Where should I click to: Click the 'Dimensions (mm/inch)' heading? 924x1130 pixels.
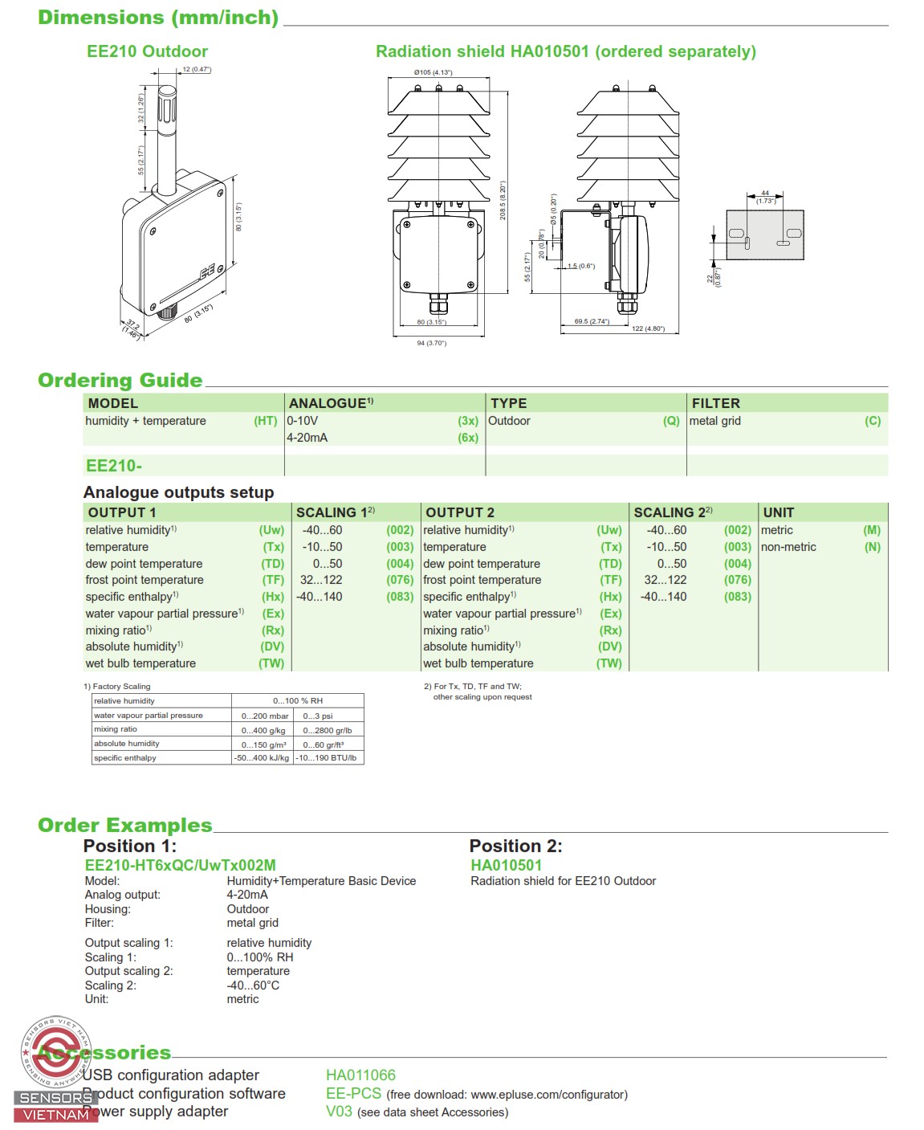click(x=158, y=18)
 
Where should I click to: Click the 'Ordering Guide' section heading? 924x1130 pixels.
click(x=120, y=381)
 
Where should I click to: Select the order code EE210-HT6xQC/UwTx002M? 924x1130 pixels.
click(x=181, y=865)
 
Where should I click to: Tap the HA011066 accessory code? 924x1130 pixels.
click(x=360, y=1075)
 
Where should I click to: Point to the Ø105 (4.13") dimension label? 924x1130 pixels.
click(x=433, y=72)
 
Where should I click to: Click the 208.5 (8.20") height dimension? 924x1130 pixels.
click(x=503, y=200)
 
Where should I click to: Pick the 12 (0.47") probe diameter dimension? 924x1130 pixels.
click(x=197, y=70)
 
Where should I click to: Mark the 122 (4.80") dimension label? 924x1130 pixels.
click(x=648, y=328)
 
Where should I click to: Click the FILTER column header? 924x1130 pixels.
click(x=716, y=403)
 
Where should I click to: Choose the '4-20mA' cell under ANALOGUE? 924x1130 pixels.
click(x=307, y=438)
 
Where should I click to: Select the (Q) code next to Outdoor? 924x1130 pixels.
click(x=671, y=421)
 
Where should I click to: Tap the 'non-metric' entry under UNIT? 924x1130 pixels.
click(x=788, y=547)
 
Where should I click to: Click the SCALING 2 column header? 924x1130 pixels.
click(x=672, y=512)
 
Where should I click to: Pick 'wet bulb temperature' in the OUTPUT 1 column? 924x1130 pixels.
click(x=140, y=663)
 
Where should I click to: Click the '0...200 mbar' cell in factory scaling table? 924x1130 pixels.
click(x=265, y=716)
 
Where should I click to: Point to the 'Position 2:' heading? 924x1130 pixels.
click(x=515, y=846)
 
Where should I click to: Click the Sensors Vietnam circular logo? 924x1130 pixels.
click(x=55, y=1051)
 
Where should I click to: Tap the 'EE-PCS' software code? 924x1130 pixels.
click(x=353, y=1093)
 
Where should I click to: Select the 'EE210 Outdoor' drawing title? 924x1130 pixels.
click(x=147, y=51)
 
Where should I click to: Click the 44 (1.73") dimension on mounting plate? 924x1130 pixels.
click(x=765, y=197)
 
